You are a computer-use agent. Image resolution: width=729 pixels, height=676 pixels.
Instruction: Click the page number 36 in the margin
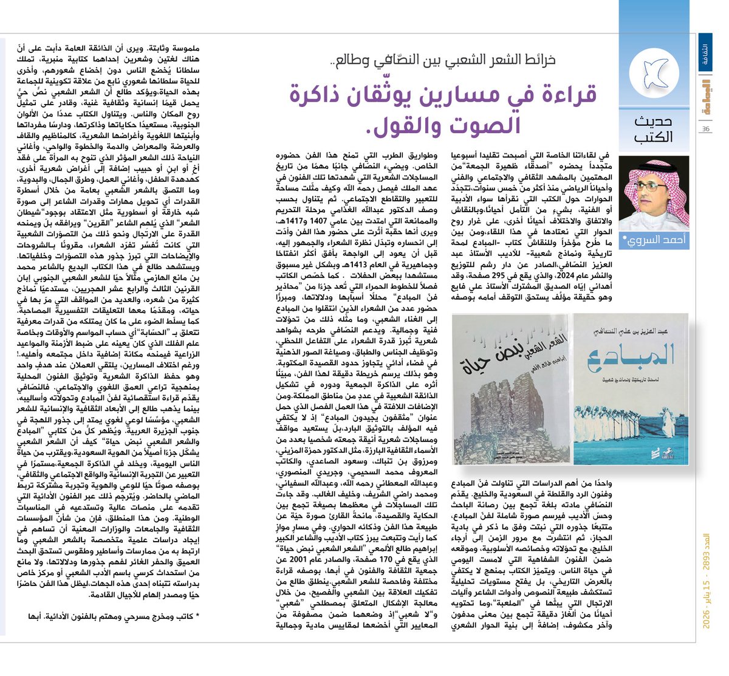click(x=705, y=129)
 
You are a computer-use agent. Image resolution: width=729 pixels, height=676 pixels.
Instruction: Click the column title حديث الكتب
click(x=653, y=129)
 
